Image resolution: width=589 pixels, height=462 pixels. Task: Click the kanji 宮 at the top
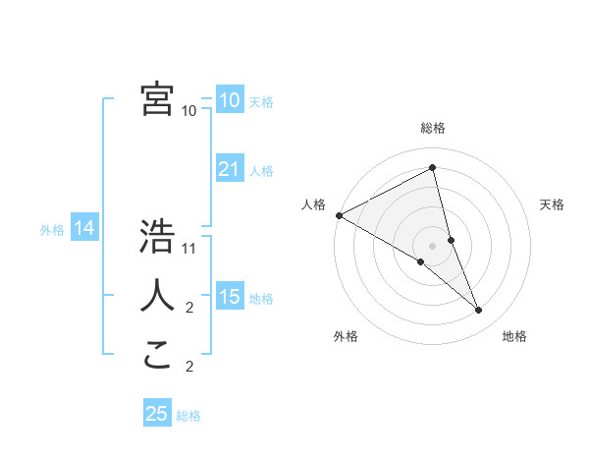157,99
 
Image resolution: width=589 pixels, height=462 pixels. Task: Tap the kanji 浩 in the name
157,237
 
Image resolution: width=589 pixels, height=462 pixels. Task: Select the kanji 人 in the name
157,295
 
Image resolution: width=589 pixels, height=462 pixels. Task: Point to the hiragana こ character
157,354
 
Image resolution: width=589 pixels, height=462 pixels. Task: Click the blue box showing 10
229,99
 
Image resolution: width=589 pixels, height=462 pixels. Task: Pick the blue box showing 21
229,169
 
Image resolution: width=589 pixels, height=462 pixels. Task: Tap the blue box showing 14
84,229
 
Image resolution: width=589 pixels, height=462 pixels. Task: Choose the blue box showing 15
229,297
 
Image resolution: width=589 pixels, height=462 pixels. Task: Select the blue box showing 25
157,414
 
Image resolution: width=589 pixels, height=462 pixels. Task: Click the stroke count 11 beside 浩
190,248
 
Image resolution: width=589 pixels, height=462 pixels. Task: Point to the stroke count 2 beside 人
189,308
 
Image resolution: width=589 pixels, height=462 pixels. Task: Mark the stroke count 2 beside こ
189,368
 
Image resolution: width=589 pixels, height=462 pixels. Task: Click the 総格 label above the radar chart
433,128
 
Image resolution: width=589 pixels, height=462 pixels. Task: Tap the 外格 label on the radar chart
346,336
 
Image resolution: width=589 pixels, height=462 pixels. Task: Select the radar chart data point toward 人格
339,215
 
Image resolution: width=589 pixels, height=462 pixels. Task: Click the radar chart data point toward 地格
479,311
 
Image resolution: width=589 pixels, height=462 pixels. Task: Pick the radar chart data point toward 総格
433,168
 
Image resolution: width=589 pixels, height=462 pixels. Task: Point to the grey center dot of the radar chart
432,245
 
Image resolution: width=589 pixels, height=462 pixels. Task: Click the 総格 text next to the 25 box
188,416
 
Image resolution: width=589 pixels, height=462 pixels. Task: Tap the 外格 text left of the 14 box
52,230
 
